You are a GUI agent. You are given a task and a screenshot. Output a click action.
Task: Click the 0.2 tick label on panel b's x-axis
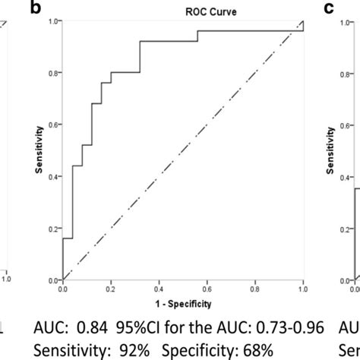point(111,289)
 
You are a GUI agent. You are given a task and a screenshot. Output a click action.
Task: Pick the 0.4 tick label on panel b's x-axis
point(159,289)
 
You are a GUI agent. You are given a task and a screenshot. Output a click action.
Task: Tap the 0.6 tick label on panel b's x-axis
point(207,289)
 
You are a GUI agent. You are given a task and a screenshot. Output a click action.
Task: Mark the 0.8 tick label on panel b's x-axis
point(255,289)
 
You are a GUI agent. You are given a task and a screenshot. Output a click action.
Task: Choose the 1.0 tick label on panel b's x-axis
point(302,289)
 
